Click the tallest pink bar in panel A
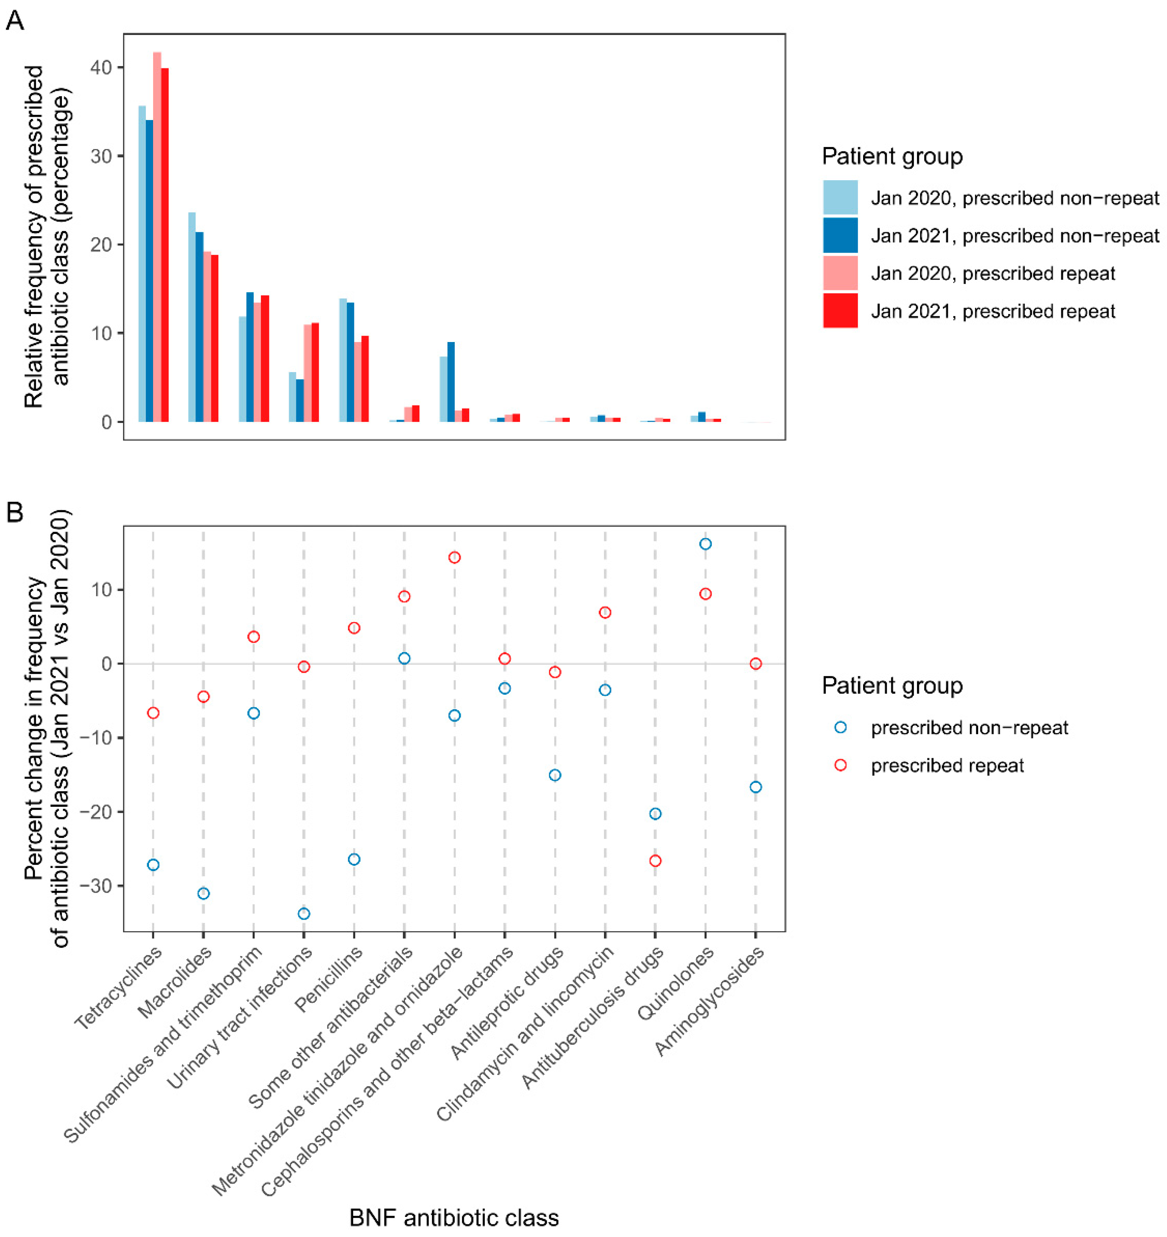157,236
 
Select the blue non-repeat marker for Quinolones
705,544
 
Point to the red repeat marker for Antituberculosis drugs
655,860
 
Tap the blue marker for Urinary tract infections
304,914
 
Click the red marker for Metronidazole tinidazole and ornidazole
455,558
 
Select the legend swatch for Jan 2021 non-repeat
840,235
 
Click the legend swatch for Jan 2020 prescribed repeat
840,273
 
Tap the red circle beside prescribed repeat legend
840,765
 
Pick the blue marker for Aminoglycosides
756,787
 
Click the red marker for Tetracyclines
153,713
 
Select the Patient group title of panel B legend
892,686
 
